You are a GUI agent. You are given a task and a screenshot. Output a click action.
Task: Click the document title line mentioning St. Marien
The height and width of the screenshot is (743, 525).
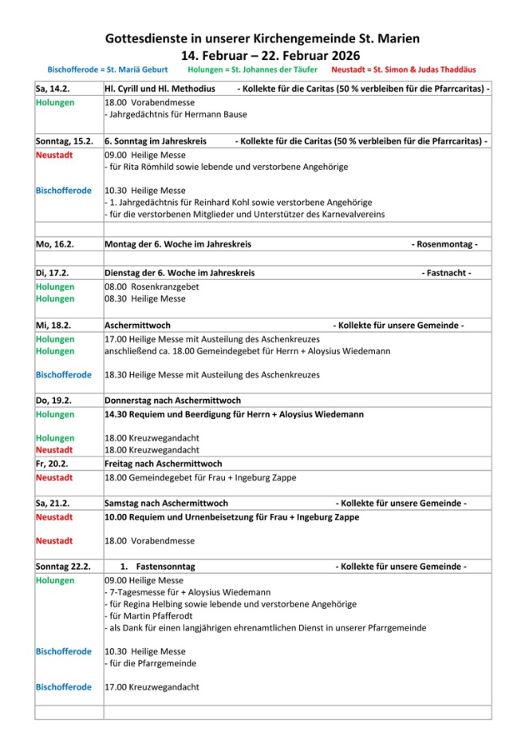click(262, 38)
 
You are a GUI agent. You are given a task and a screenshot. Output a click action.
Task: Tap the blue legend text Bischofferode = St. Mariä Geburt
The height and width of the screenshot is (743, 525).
click(108, 70)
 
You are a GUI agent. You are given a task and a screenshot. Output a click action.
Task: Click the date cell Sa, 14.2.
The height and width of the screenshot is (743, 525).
click(53, 89)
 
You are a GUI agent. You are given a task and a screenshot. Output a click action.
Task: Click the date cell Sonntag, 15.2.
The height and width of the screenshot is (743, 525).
click(62, 141)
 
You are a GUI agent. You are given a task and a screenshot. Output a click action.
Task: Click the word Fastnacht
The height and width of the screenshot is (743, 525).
click(448, 273)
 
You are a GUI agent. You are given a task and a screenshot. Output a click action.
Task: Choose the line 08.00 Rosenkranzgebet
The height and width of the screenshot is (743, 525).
click(152, 287)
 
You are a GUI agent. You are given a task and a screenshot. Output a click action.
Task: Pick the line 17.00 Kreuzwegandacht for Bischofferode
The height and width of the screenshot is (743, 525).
click(152, 687)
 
